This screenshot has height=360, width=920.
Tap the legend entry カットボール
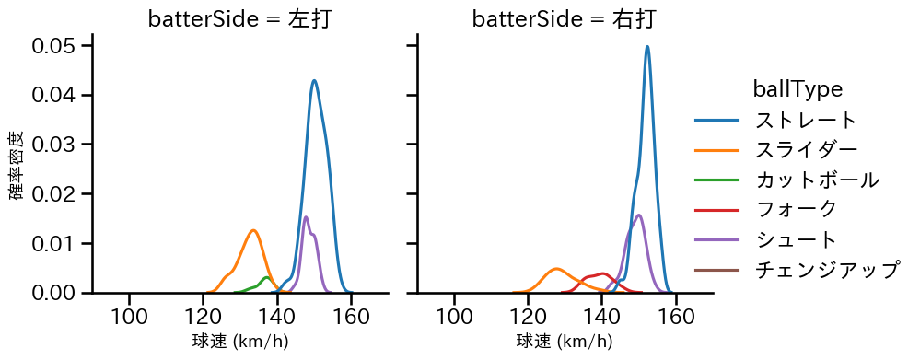pos(816,180)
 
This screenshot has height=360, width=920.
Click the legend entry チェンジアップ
pos(826,270)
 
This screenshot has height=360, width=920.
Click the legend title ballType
pos(798,89)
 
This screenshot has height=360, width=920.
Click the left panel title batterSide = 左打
pos(240,19)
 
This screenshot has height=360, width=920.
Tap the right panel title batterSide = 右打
pos(565,19)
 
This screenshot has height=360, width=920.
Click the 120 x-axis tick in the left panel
pos(204,316)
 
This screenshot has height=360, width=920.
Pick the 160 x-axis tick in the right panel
pos(676,316)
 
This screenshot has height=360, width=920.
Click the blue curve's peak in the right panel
pos(647,47)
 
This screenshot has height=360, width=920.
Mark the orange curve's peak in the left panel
pos(252,230)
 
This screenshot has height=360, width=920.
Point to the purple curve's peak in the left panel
pos(306,217)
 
